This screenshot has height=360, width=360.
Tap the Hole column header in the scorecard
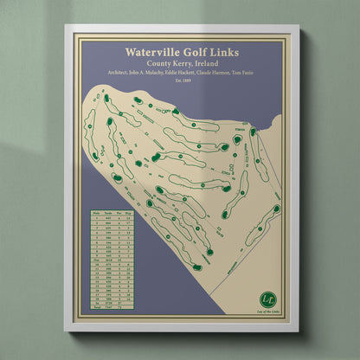point(97,211)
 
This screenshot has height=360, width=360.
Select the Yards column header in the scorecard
point(109,211)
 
